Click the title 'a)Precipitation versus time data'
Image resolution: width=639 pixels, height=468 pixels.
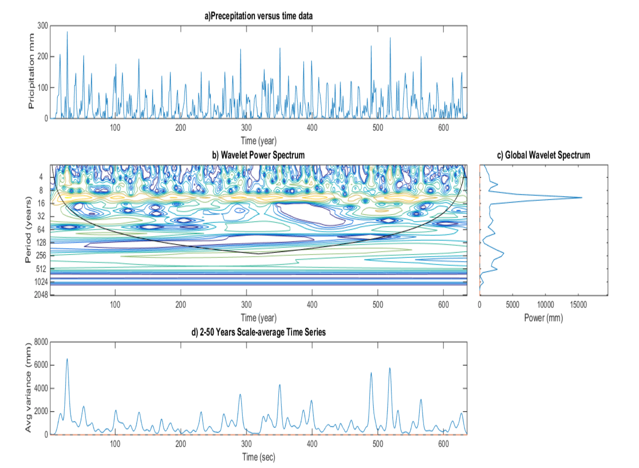tap(258, 16)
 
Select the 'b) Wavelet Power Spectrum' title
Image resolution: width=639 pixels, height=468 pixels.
tap(258, 155)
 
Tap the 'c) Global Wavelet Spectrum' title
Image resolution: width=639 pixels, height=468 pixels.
tap(543, 155)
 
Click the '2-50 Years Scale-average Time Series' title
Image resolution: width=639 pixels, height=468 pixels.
tap(263, 332)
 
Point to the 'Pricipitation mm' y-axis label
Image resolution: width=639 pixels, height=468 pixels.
tap(31, 71)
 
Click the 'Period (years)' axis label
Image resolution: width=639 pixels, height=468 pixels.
tap(28, 230)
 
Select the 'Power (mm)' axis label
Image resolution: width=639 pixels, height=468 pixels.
tap(543, 318)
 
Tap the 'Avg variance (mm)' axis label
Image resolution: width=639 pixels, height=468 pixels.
tap(28, 388)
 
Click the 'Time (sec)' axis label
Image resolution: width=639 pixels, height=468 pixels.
tap(259, 457)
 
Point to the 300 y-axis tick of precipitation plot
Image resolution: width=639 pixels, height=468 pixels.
tap(43, 26)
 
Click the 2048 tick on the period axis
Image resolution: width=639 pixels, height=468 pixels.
tap(41, 295)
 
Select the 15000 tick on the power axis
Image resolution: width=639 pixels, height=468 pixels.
tap(578, 305)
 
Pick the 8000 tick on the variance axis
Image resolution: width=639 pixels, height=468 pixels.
tap(41, 342)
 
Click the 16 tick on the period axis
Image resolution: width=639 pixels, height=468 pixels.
tap(41, 203)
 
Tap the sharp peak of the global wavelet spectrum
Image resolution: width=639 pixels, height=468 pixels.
tap(582, 198)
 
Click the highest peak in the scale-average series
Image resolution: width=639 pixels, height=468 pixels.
tap(67, 359)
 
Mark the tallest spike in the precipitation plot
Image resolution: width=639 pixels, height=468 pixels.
tap(67, 32)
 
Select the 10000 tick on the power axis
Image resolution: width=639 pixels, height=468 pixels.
tap(546, 305)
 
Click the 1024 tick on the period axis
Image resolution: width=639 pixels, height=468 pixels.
tap(41, 282)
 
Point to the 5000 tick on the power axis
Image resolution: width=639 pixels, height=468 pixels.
tap(513, 305)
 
